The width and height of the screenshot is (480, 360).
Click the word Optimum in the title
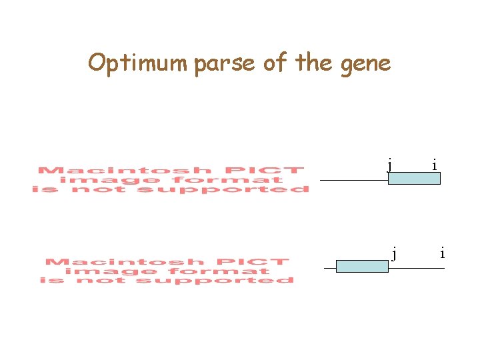tap(139, 63)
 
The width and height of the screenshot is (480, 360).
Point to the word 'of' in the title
tap(276, 63)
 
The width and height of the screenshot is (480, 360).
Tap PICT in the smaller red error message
tap(264, 262)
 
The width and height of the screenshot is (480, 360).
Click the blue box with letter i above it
tap(414, 178)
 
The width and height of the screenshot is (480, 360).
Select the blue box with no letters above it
tap(361, 267)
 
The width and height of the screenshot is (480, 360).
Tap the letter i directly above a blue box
tap(435, 164)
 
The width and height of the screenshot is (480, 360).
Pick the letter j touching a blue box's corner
tap(389, 164)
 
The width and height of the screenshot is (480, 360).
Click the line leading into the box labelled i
tap(353, 180)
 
